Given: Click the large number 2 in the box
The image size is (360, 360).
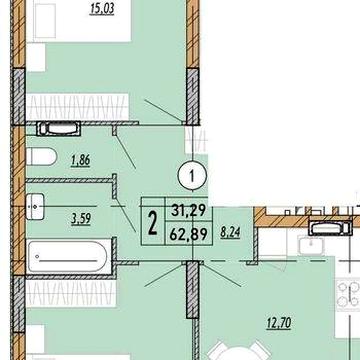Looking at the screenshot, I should [x=152, y=224].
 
